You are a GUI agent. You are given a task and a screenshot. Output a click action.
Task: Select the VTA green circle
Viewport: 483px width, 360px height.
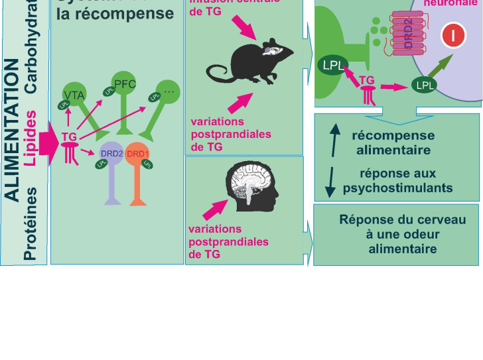click(74, 95)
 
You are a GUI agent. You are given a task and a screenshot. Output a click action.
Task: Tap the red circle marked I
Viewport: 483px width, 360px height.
click(453, 34)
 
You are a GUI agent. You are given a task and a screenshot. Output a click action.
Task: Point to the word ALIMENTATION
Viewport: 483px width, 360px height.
click(12, 129)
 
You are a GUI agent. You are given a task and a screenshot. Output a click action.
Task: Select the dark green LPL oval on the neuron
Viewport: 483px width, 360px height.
click(424, 85)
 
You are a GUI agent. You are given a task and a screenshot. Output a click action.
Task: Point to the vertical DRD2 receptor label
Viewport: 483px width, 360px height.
click(407, 33)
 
